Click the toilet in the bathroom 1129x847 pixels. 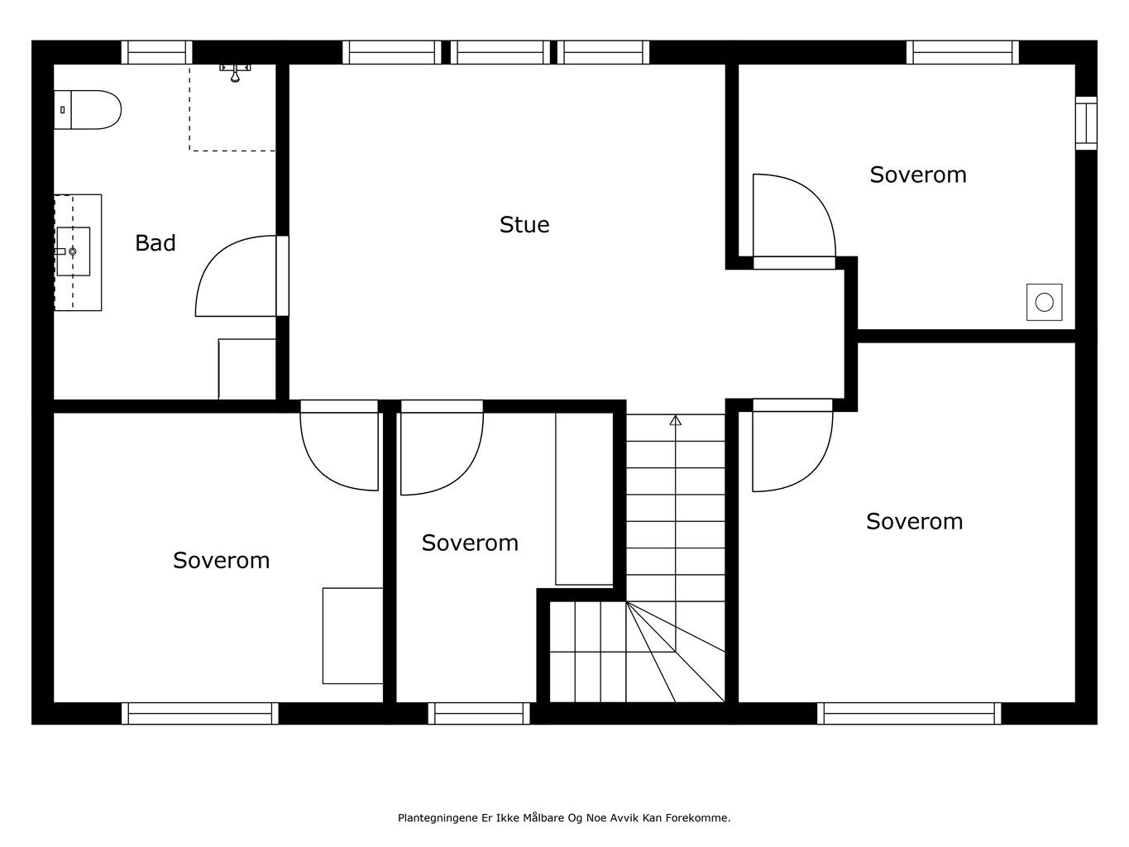point(88,109)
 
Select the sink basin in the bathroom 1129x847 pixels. point(73,251)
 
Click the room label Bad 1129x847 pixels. point(155,242)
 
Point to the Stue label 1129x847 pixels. point(524,225)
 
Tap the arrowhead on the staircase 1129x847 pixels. point(676,420)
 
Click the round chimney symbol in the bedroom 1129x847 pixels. point(1044,303)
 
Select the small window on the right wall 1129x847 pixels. point(1086,123)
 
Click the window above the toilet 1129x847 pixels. point(157,52)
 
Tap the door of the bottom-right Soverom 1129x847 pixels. point(792,445)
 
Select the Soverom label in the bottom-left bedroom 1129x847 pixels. point(221,561)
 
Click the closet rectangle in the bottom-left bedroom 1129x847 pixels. point(353,635)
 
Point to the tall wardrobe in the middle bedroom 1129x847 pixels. point(584,498)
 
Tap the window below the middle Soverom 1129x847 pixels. point(479,713)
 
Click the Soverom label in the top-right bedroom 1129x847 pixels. point(918,175)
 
